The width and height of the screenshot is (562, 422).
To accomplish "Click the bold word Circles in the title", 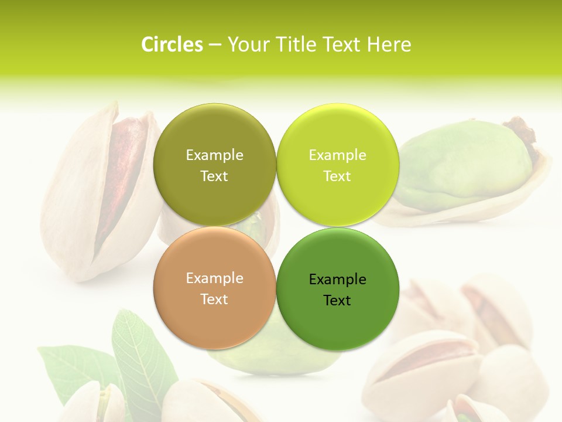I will coord(172,45).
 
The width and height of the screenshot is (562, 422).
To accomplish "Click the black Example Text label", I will coord(337,290).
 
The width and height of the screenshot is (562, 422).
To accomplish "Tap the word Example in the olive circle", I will coord(214,155).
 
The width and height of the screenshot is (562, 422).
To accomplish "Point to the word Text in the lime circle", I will coord(337,176).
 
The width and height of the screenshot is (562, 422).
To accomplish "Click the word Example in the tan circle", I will coord(214,278).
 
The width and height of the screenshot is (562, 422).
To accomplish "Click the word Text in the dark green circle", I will coord(337,301).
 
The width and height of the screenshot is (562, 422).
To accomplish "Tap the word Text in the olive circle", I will coord(214,176).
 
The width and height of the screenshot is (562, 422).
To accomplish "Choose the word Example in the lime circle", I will coord(337,155).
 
